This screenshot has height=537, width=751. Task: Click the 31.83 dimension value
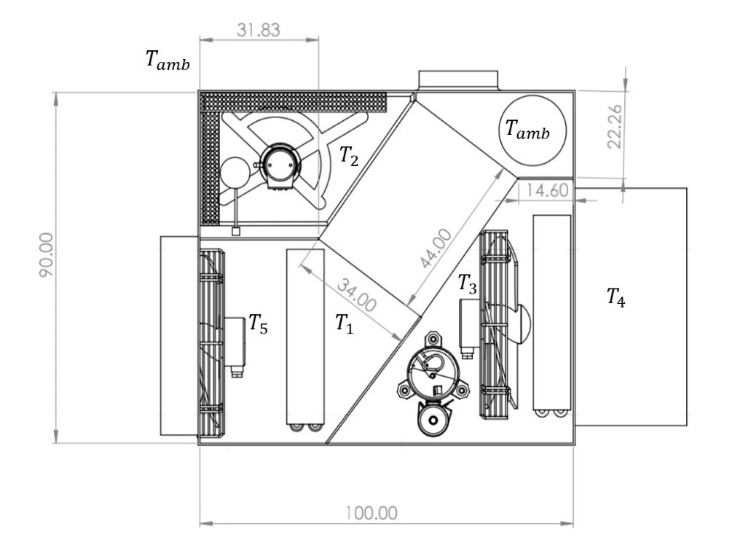point(258,30)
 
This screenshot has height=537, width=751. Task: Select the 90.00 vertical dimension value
point(47,255)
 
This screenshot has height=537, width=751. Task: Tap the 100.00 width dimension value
point(371,513)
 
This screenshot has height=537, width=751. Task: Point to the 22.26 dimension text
point(615,127)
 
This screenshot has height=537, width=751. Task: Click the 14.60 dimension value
point(548,190)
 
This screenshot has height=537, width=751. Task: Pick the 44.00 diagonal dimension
point(436,248)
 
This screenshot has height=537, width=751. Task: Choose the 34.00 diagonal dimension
point(357,296)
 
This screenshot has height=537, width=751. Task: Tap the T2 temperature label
point(349,156)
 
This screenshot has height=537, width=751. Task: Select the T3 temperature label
point(468,283)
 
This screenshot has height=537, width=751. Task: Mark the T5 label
point(258,324)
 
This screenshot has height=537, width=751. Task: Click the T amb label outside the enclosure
point(168,60)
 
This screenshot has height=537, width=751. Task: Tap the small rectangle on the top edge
point(458,80)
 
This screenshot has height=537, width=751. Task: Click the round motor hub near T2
point(280,164)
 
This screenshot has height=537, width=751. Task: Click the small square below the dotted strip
point(236,232)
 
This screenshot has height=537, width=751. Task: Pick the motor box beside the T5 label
point(235,341)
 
